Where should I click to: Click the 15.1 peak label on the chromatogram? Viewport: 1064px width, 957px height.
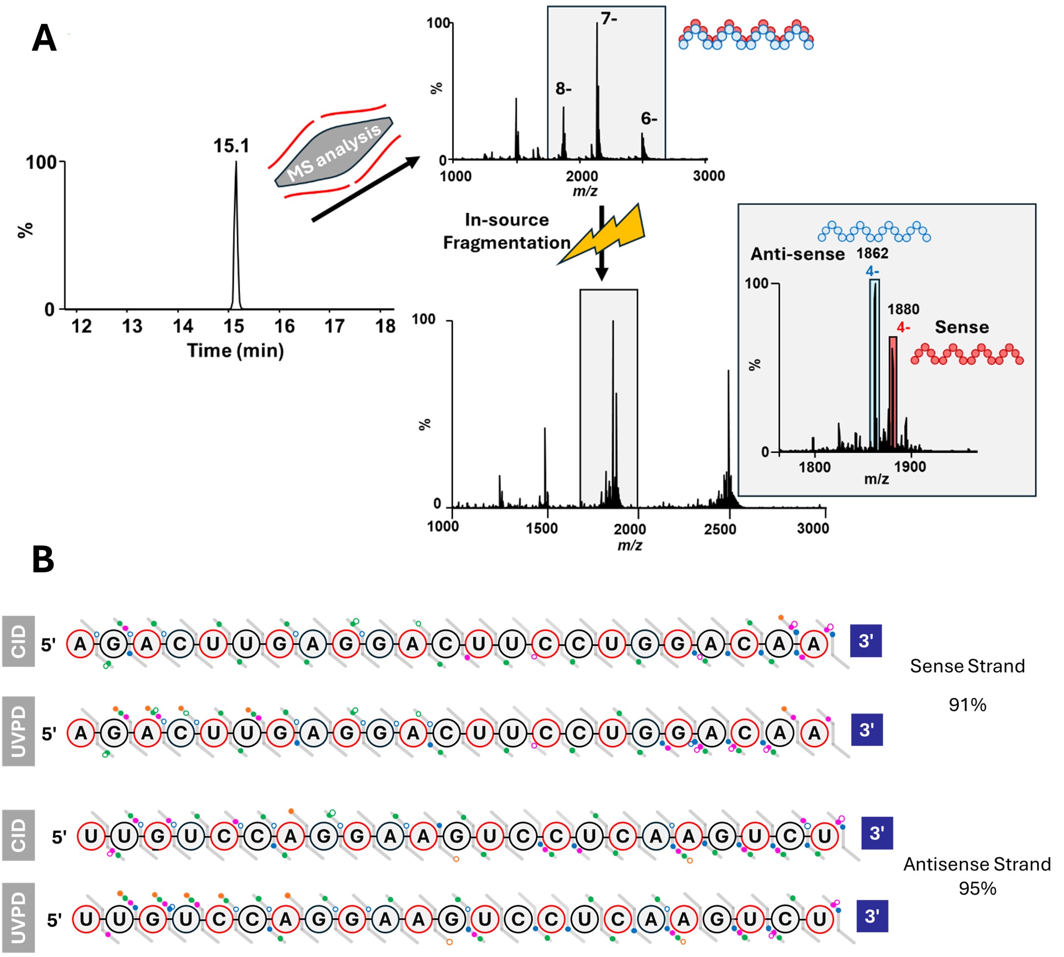point(231,146)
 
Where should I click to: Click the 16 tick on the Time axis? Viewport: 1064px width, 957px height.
point(284,326)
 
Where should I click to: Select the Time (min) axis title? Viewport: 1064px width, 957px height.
point(235,351)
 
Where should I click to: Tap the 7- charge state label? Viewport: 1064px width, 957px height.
point(609,19)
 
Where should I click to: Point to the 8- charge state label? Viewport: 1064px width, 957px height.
point(563,89)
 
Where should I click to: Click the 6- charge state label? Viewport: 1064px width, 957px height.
point(649,119)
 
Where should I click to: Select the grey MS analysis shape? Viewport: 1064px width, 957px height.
point(334,152)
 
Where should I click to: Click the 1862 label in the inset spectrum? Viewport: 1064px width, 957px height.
point(872,253)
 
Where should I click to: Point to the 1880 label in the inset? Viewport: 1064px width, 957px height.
point(903,309)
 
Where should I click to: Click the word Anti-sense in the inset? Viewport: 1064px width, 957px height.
point(797,254)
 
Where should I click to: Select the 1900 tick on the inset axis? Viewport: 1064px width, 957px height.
point(910,467)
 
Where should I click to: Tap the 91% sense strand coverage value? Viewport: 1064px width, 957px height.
point(967,705)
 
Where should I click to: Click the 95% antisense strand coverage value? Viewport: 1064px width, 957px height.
point(977,889)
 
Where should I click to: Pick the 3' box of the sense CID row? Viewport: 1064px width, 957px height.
point(866,641)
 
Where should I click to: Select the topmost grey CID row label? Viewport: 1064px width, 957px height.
point(19,641)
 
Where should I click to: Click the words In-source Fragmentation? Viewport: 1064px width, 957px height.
point(506,231)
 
